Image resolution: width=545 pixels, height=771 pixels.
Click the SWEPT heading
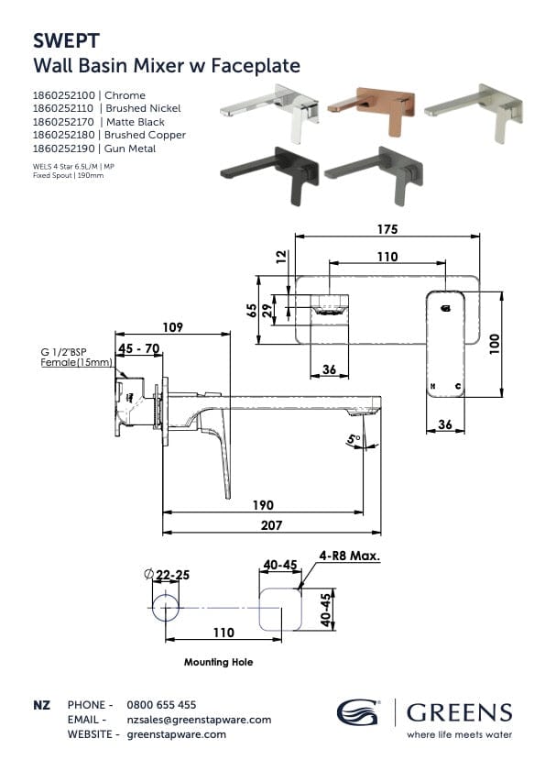click(63, 41)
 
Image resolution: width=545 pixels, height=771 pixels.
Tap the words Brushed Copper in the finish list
click(146, 135)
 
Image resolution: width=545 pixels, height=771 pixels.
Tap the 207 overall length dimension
click(270, 525)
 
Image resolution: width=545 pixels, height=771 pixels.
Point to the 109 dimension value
click(172, 326)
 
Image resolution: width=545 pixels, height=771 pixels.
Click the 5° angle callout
click(353, 441)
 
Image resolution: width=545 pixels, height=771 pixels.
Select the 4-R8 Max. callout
click(350, 556)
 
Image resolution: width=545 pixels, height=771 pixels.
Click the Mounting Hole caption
click(218, 662)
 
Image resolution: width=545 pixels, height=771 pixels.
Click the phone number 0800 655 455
click(160, 705)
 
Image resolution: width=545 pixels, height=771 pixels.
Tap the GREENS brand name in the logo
click(459, 712)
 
